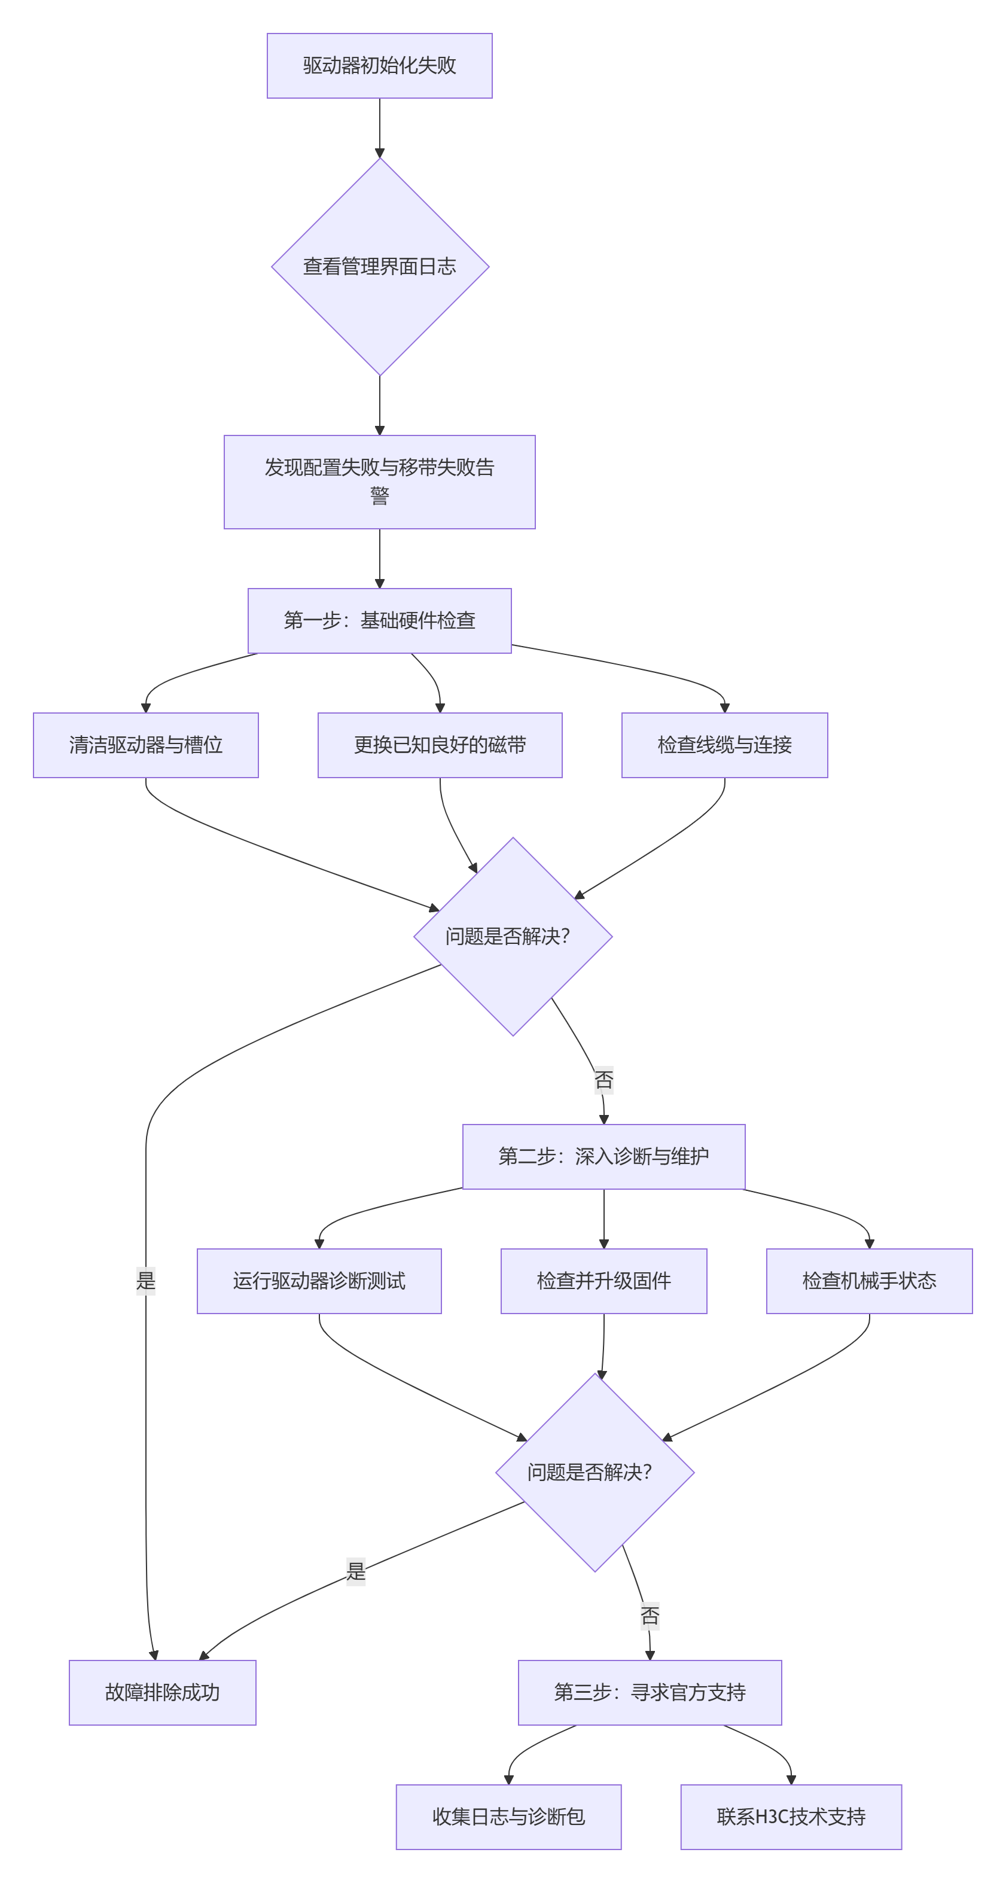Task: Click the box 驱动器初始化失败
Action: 379,66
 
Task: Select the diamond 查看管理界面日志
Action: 379,267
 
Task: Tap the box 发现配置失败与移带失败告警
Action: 379,482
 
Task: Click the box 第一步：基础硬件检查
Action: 379,621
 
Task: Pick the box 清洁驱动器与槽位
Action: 145,745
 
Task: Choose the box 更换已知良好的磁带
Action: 440,745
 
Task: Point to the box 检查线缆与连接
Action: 724,745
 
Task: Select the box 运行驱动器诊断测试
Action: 319,1281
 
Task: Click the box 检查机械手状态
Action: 869,1281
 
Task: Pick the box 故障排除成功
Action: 162,1692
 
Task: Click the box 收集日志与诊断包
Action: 509,1817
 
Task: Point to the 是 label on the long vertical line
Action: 145,1281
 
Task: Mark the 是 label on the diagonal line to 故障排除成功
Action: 355,1571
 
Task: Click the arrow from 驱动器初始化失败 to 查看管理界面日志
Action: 379,128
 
